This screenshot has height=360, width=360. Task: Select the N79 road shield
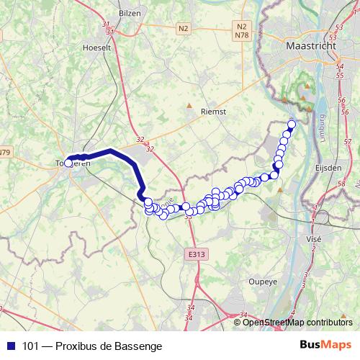tap(5, 152)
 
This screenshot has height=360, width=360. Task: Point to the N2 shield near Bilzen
tap(183, 28)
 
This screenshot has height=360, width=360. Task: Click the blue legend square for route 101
tap(10, 346)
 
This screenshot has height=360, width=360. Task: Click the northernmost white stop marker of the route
tap(292, 124)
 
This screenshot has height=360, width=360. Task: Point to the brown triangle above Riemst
tap(189, 105)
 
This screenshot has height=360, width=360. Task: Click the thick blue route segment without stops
tap(115, 153)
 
